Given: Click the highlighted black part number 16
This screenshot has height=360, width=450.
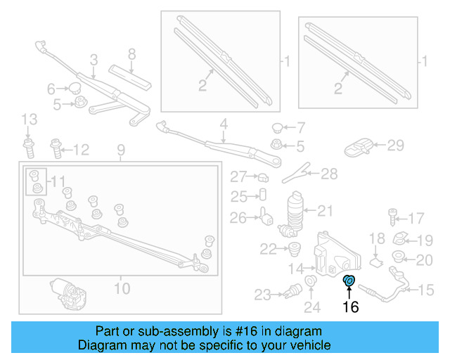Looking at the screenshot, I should [x=350, y=307].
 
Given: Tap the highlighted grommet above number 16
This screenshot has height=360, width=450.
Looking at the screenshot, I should [x=349, y=282].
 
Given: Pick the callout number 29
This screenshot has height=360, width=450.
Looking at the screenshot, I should [x=396, y=146].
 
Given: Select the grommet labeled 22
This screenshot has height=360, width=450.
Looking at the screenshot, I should [x=293, y=247].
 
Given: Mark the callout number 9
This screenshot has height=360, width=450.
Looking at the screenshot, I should [x=120, y=150].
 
